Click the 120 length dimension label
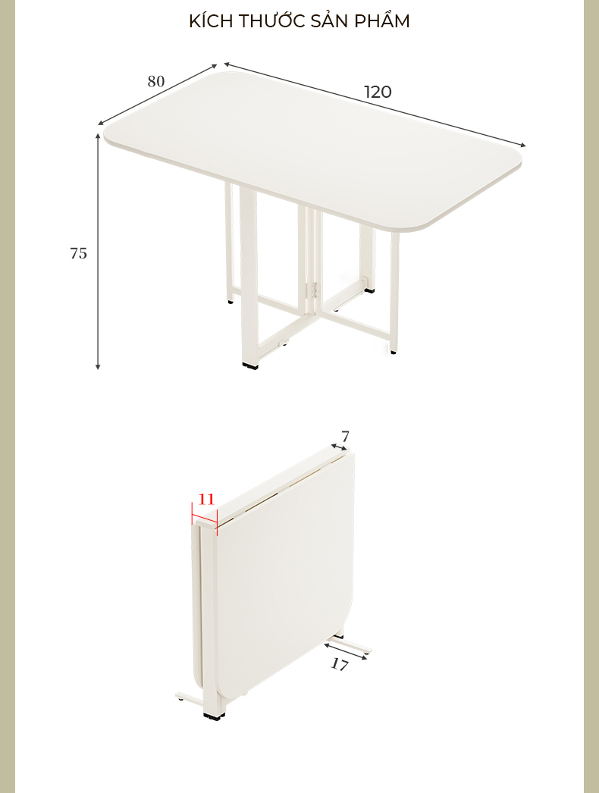coord(378,92)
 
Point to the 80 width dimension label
coord(156,81)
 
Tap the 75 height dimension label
coord(78,253)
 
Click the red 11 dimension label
coord(206,500)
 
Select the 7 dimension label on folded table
coord(345,436)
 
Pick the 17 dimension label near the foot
coord(340,664)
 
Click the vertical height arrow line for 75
coord(98,252)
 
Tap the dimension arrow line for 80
coord(158,94)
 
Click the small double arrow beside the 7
coord(340,447)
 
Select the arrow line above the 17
coord(347,652)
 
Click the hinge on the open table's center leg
coord(315,290)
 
